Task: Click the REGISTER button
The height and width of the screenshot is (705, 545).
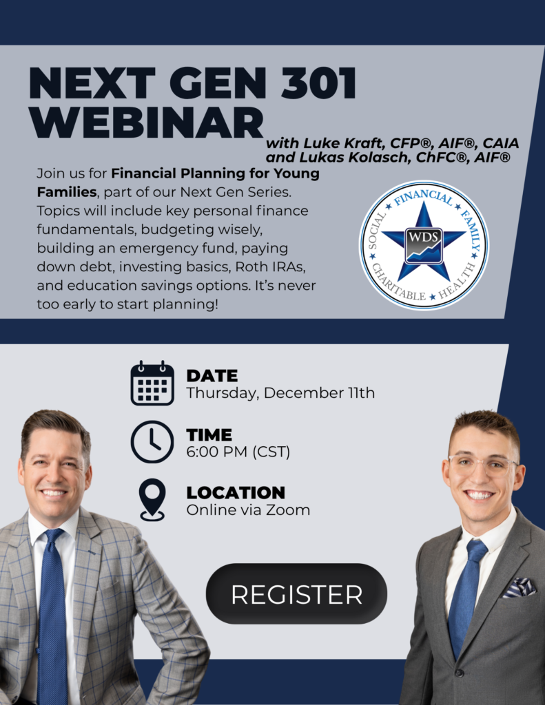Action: [x=296, y=593]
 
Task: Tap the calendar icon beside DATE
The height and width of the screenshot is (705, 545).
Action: [x=152, y=383]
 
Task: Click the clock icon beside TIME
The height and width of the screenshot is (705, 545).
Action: [x=152, y=441]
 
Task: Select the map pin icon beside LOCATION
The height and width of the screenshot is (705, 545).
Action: [x=152, y=500]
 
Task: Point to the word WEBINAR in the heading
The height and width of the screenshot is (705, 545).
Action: [x=147, y=123]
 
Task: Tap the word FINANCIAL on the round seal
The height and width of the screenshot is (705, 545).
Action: [x=424, y=197]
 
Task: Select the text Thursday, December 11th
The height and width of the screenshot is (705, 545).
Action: [x=280, y=393]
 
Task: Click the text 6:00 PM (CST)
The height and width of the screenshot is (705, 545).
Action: [x=238, y=452]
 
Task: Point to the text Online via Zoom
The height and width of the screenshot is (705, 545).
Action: [x=248, y=510]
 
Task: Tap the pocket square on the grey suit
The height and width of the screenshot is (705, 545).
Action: [x=519, y=588]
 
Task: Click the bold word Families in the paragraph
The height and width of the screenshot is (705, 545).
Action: [x=67, y=192]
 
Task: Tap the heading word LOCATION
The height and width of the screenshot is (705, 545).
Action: [x=236, y=492]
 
